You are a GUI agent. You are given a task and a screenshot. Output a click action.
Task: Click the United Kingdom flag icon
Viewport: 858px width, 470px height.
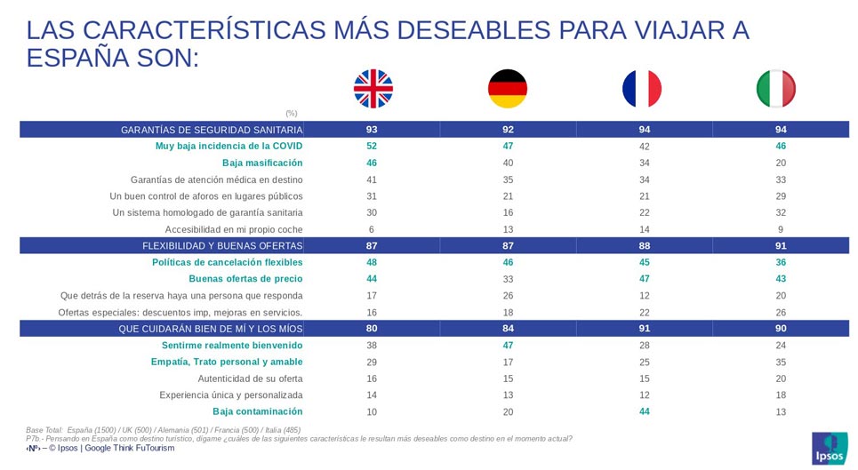[x=373, y=88]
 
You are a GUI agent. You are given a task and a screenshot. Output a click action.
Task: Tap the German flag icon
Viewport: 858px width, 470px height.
[x=508, y=88]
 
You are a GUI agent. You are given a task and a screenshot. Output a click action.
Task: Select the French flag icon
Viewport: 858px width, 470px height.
[x=642, y=88]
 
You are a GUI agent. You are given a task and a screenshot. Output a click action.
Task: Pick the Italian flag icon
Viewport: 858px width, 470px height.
[x=776, y=88]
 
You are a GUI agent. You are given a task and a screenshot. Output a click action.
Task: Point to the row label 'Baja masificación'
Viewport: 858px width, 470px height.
[x=262, y=163]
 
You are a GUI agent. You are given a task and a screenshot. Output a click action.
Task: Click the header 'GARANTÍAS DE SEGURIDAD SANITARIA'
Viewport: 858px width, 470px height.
[x=212, y=130]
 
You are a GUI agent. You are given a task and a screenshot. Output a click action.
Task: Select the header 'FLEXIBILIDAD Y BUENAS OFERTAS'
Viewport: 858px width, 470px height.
[x=222, y=245]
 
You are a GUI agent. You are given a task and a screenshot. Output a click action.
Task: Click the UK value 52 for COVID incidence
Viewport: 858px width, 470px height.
[x=372, y=146]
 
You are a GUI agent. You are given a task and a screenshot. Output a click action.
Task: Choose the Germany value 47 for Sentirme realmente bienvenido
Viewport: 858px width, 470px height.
[x=508, y=345]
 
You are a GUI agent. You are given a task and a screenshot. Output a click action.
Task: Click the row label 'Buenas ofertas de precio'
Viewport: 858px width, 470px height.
[x=245, y=279]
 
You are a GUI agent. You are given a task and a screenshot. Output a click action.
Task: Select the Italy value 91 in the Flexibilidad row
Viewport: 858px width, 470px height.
[x=780, y=245]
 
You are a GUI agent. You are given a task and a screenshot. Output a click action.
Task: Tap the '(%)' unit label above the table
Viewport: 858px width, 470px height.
[x=292, y=113]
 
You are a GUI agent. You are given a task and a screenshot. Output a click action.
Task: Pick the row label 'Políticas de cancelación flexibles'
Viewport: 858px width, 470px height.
[x=228, y=262]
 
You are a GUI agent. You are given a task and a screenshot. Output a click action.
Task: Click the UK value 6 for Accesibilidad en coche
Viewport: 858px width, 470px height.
[x=372, y=228]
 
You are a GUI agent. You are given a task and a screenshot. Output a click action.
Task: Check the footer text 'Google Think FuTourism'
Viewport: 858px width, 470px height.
[x=130, y=448]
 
